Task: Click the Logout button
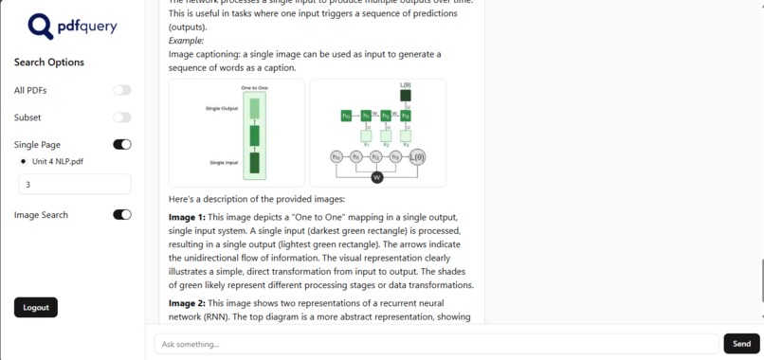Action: tap(36, 307)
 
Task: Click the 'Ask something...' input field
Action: tap(436, 344)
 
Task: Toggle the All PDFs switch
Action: tap(122, 90)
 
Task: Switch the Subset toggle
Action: tap(122, 117)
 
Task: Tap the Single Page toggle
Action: tap(122, 145)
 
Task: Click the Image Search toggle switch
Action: tap(122, 215)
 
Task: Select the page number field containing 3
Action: tap(75, 185)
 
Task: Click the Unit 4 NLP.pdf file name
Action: tap(59, 162)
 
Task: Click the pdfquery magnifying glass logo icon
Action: tap(40, 26)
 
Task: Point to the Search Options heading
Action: tap(49, 63)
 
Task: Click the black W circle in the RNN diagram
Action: tap(376, 177)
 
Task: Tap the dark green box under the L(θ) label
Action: tap(406, 96)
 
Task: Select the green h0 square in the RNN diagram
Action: tap(346, 116)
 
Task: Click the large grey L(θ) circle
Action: tap(417, 157)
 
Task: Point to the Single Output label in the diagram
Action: tap(222, 109)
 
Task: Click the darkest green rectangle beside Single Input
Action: tap(254, 163)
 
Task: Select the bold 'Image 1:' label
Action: tap(187, 217)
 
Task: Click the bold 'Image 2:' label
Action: tap(187, 303)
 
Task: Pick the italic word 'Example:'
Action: tap(186, 41)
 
